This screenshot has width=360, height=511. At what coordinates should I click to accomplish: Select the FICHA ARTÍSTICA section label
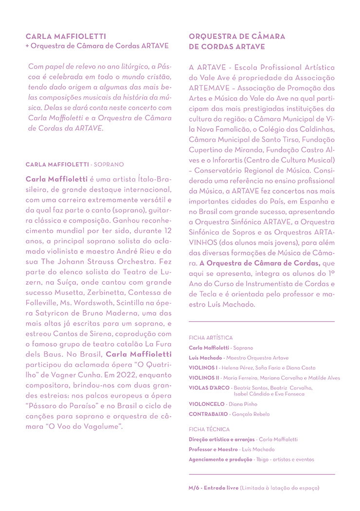pyautogui.click(x=211, y=337)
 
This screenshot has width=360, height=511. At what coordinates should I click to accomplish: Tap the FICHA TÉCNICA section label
pyautogui.click(x=209, y=429)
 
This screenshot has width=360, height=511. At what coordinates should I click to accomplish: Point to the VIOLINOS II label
pyautogui.click(x=204, y=378)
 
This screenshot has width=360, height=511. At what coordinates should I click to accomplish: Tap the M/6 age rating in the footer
pyautogui.click(x=195, y=487)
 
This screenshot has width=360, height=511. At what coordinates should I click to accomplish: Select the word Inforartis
pyautogui.click(x=224, y=161)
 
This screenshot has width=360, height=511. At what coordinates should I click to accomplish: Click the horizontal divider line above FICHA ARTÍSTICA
pyautogui.click(x=262, y=322)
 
